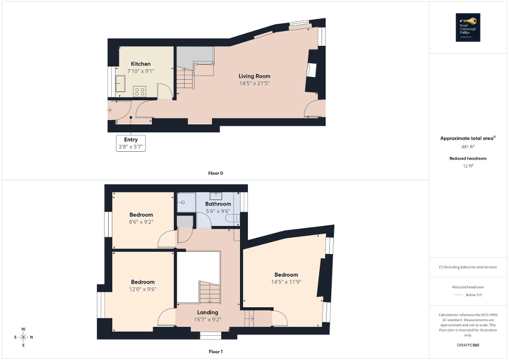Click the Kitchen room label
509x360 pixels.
pyautogui.click(x=141, y=64)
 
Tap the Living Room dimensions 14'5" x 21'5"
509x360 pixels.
pyautogui.click(x=254, y=83)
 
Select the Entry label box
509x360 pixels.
pyautogui.click(x=131, y=143)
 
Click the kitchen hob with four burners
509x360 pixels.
pyautogui.click(x=140, y=91)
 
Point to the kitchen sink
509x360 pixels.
pyautogui.click(x=120, y=84)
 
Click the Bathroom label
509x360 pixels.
pyautogui.click(x=218, y=204)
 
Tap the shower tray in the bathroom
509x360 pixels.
pyautogui.click(x=186, y=202)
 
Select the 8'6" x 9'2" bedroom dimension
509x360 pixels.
pyautogui.click(x=141, y=222)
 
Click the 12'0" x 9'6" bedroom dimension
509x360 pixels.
pyautogui.click(x=143, y=289)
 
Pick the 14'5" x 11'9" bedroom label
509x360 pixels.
pyautogui.click(x=286, y=275)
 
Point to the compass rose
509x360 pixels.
pyautogui.click(x=23, y=337)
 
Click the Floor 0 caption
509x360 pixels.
pyautogui.click(x=216, y=173)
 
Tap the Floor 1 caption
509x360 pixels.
pyautogui.click(x=216, y=351)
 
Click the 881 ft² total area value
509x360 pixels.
pyautogui.click(x=468, y=147)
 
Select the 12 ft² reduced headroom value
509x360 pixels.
pyautogui.click(x=468, y=166)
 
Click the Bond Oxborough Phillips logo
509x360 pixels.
pyautogui.click(x=468, y=27)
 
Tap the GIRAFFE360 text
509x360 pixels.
pyautogui.click(x=468, y=345)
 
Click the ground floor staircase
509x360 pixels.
pyautogui.click(x=185, y=80)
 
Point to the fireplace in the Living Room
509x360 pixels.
pyautogui.click(x=312, y=71)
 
